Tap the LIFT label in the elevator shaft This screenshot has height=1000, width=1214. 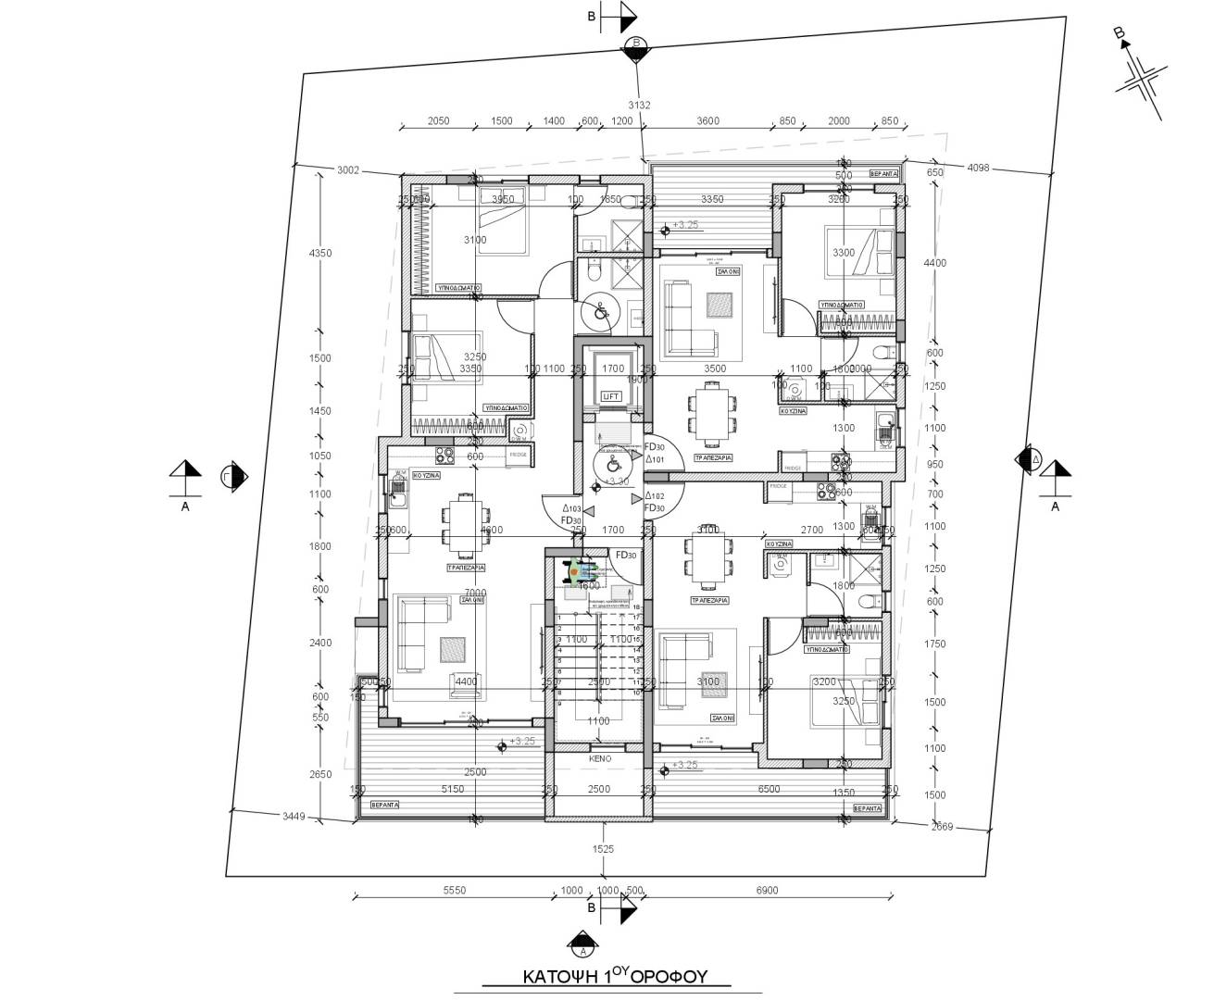pyautogui.click(x=610, y=396)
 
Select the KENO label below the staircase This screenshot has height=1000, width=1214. pyautogui.click(x=599, y=757)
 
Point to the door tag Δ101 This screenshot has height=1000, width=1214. pyautogui.click(x=655, y=458)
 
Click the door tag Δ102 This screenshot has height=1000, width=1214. pyautogui.click(x=655, y=496)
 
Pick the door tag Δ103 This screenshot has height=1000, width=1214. pyautogui.click(x=571, y=508)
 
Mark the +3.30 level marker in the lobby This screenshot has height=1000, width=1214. pyautogui.click(x=616, y=481)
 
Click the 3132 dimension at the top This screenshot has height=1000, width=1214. pyautogui.click(x=638, y=105)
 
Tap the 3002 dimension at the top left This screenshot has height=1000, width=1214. pyautogui.click(x=348, y=169)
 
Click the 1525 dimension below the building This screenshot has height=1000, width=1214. pyautogui.click(x=603, y=848)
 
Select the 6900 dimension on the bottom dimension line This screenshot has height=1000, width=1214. pyautogui.click(x=767, y=890)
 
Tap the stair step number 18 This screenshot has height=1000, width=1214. pyautogui.click(x=637, y=607)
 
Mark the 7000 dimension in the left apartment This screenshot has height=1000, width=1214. pyautogui.click(x=475, y=593)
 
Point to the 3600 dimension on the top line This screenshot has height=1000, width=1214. pyautogui.click(x=707, y=121)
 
